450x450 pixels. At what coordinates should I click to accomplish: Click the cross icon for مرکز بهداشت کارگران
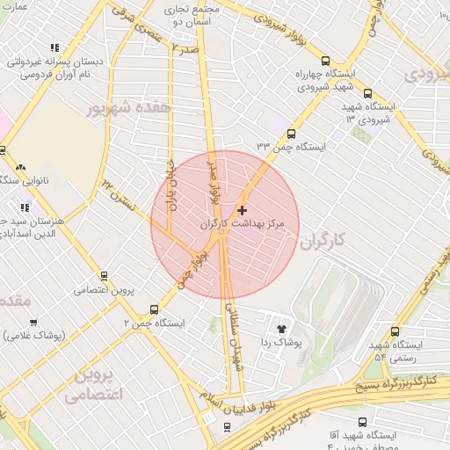243,210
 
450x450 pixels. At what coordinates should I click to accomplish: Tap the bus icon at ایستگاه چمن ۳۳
291,133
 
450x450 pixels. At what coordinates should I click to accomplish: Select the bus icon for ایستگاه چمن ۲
155,309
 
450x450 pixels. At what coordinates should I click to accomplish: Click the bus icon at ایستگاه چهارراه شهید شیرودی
326,62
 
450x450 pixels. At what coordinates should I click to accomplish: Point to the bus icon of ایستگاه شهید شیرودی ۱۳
367,93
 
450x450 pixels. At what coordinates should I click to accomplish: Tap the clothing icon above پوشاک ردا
282,327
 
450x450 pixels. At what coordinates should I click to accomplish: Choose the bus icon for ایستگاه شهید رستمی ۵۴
395,331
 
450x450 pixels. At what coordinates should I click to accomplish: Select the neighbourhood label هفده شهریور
128,107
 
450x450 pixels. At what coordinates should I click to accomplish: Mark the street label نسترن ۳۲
119,192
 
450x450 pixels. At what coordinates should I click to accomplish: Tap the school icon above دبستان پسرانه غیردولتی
55,48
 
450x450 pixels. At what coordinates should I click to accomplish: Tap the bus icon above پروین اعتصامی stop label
105,275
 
